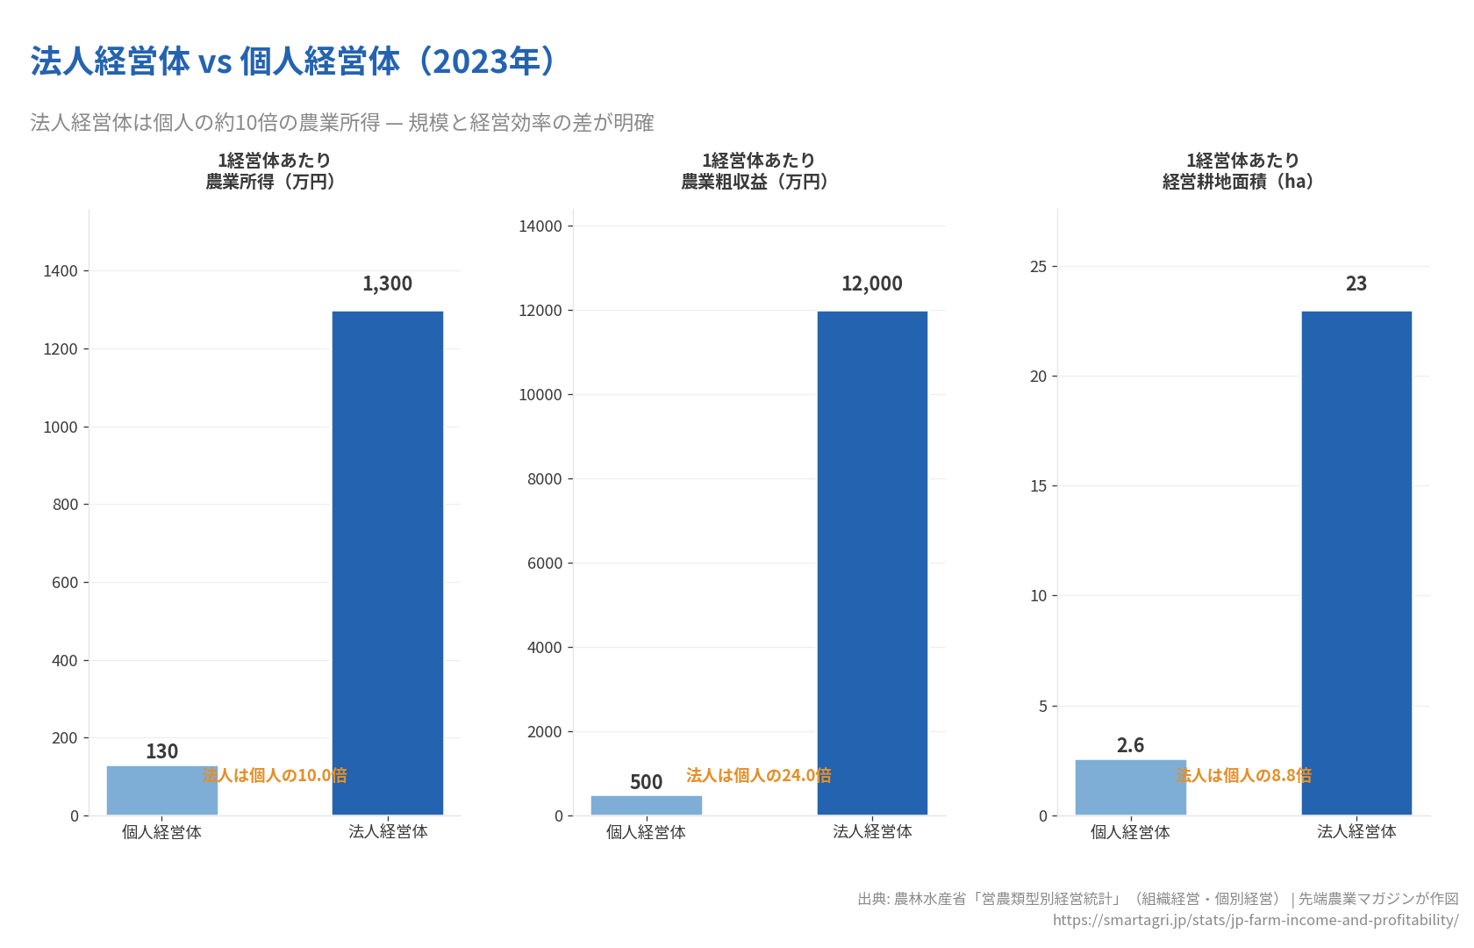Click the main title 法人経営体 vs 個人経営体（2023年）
point(293,61)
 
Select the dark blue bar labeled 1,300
point(387,562)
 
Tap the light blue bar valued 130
point(161,790)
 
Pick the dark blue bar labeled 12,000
point(872,562)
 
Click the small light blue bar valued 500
point(646,805)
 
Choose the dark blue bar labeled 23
point(1356,562)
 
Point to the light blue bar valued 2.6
point(1130,786)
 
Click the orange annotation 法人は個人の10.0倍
point(275,775)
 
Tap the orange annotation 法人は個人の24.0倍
point(759,775)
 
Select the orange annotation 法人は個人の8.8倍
point(1243,775)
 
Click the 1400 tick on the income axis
point(61,271)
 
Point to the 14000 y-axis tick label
point(540,226)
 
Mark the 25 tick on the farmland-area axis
point(1038,267)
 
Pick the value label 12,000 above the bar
point(871,284)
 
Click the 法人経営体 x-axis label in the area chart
point(1356,831)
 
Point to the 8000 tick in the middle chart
point(544,479)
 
